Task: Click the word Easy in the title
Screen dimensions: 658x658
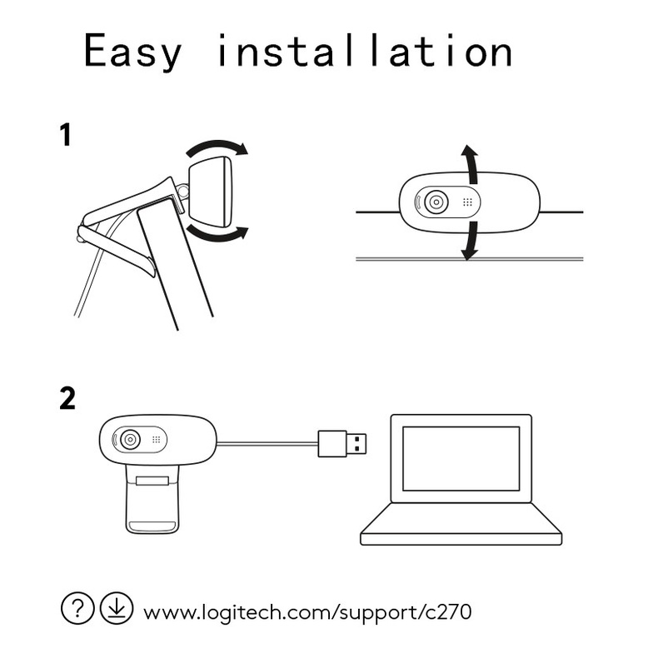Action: tap(133, 52)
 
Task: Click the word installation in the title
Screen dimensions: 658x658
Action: tap(365, 50)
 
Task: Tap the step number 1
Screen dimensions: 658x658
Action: tap(66, 135)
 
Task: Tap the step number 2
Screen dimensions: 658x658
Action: tap(67, 398)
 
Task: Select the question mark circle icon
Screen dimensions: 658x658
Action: tap(77, 608)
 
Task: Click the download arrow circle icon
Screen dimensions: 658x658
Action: tap(117, 608)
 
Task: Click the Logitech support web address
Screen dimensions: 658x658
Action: tap(307, 612)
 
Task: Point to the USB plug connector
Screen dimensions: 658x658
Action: tap(342, 444)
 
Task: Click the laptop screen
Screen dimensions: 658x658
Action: tap(461, 458)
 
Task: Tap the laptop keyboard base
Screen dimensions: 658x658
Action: tap(461, 525)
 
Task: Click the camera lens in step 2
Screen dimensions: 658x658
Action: tap(130, 440)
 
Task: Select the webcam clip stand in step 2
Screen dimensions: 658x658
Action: tap(152, 500)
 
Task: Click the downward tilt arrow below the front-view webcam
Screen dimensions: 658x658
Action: tap(471, 241)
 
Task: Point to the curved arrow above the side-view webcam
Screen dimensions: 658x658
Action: tap(217, 147)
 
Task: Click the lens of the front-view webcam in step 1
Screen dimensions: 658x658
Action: tap(436, 202)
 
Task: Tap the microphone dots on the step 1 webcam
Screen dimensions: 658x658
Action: tap(467, 202)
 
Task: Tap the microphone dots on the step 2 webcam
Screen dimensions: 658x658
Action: tap(156, 440)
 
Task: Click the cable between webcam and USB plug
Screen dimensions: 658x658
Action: tap(267, 444)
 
